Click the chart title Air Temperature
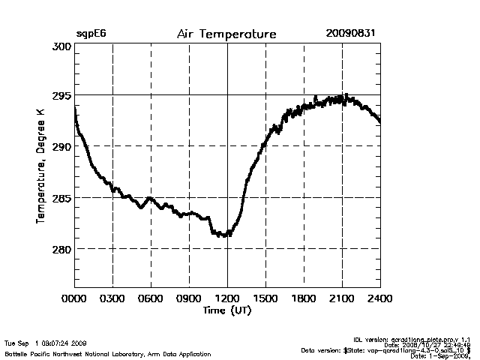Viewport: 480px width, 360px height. tap(226, 34)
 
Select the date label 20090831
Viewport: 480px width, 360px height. tap(350, 34)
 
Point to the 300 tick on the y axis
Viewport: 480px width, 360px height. tap(61, 46)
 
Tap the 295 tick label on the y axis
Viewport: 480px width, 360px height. tap(61, 96)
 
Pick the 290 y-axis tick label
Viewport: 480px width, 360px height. tap(61, 147)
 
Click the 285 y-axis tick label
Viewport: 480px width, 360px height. tap(61, 199)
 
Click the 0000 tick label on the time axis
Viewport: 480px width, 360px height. tap(74, 298)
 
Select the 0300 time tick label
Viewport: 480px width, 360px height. tap(112, 298)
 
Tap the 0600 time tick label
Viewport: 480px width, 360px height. tap(151, 298)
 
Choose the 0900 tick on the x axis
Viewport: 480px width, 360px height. tap(189, 298)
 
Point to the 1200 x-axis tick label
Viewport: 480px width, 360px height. tap(227, 298)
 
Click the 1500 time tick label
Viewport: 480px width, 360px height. tap(265, 298)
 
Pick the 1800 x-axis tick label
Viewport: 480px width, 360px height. tap(304, 298)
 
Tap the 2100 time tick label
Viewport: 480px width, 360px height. tap(342, 298)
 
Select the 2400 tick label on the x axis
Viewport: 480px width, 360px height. tap(379, 298)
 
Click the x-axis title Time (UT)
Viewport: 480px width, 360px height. tap(226, 310)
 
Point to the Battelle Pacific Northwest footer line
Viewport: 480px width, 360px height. tap(107, 353)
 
